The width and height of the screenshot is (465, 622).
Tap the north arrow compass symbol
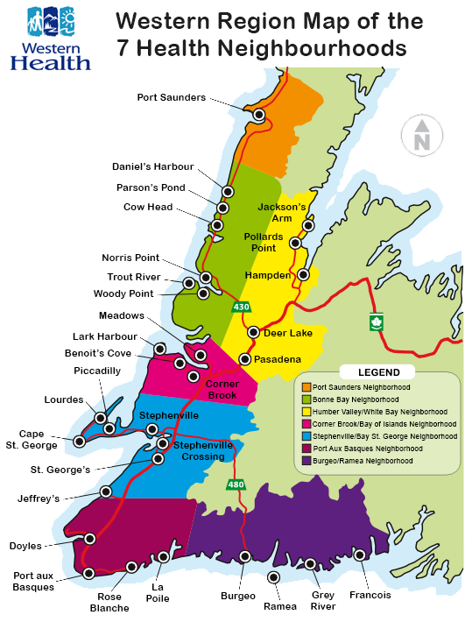[x=421, y=136]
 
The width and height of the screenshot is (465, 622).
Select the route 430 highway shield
[x=241, y=307]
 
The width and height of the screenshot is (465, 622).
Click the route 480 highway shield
[x=236, y=484]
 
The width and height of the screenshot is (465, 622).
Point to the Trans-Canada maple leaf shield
[x=377, y=322]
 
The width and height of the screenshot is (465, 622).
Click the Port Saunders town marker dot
[x=258, y=115]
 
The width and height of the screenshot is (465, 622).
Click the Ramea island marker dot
[x=274, y=576]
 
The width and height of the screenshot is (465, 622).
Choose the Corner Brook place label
[x=222, y=390]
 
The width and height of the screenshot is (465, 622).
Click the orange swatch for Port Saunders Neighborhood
[x=306, y=387]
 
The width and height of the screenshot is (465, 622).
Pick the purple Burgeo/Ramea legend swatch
[x=306, y=460]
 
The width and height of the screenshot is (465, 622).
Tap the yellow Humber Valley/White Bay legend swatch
[x=306, y=411]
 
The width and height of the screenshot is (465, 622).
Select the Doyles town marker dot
[x=90, y=539]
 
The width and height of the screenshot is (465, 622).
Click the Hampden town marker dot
[x=303, y=274]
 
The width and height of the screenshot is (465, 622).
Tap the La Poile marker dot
[x=164, y=557]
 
